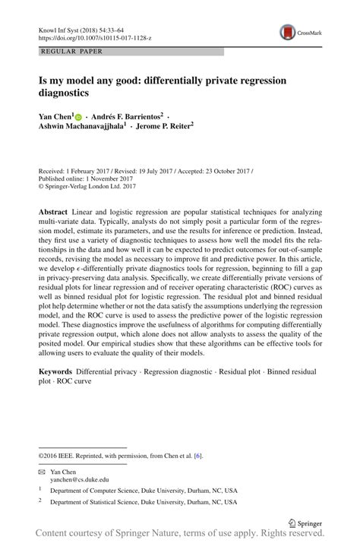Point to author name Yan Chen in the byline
54,115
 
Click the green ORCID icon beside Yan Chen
77,116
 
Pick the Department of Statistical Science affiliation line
144,502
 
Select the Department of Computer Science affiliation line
144,491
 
